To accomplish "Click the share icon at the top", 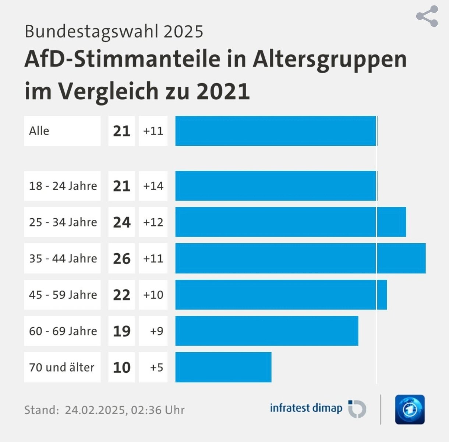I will point(427,17).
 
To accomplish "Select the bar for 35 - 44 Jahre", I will point(300,258).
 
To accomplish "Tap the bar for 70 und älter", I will point(223,367).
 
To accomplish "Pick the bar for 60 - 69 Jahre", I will point(267,331).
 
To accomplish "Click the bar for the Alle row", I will point(276,131).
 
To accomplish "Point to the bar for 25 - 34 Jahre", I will point(291,222).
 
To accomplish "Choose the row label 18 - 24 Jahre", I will point(63,186).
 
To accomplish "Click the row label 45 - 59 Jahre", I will point(63,295).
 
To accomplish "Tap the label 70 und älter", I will point(62,367).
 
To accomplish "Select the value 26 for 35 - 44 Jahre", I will point(121,258).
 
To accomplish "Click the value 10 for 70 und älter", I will point(121,367).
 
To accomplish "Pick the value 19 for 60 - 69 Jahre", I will point(121,331).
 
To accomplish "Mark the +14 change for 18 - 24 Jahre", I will point(153,186).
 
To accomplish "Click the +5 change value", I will point(156,367).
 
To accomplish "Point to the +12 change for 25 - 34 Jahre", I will point(153,222).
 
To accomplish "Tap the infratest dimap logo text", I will point(306,408).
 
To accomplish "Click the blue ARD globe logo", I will point(410,410).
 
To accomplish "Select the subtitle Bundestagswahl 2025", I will point(114,32).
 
